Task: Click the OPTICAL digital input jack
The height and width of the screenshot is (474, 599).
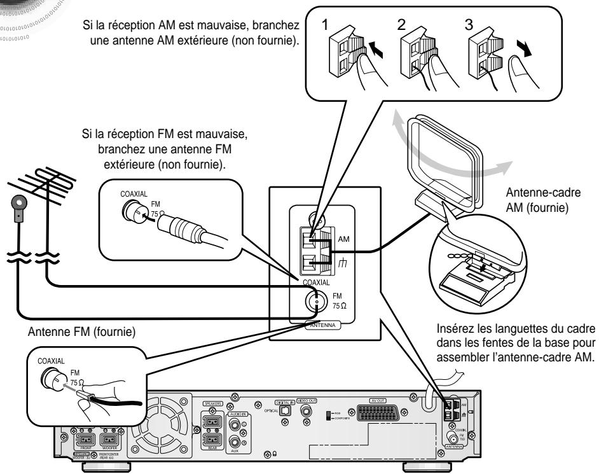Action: point(286,411)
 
